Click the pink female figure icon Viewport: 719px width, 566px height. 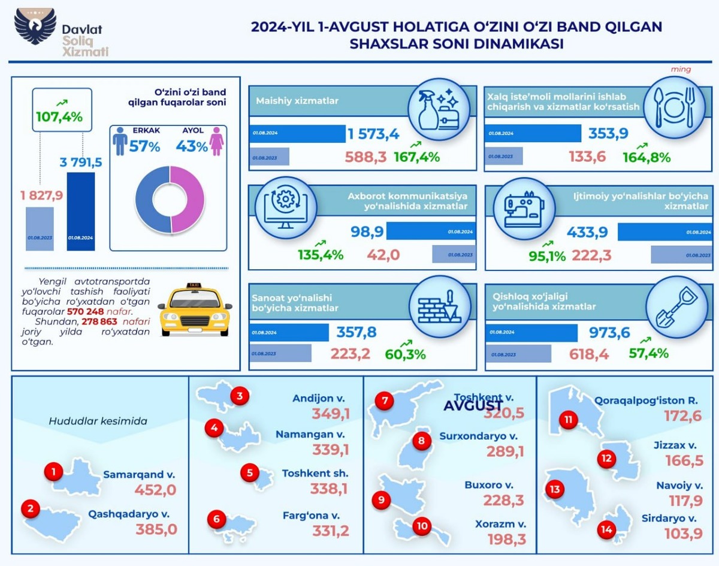[x=216, y=141]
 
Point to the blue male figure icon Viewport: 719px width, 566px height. [x=120, y=141]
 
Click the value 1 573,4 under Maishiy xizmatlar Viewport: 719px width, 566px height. [x=373, y=135]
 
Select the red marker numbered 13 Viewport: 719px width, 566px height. [x=555, y=490]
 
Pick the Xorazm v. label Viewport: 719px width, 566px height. [x=501, y=523]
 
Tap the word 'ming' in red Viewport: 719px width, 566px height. [x=681, y=70]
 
